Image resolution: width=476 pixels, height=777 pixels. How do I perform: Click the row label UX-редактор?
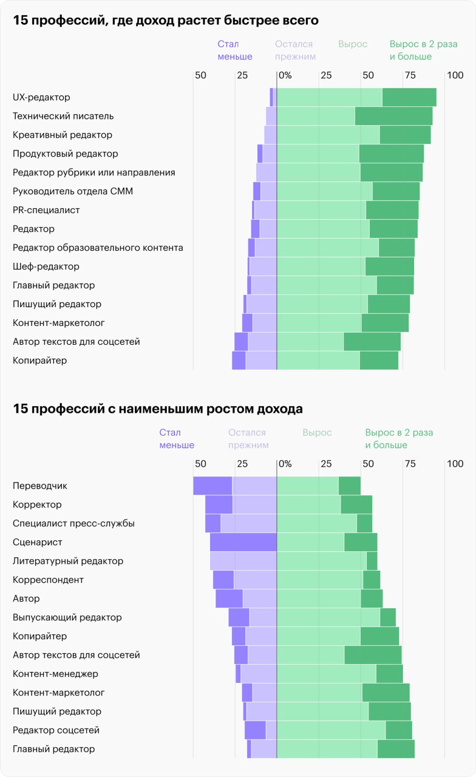coord(41,97)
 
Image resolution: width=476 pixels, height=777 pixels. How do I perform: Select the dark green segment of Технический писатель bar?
coord(393,116)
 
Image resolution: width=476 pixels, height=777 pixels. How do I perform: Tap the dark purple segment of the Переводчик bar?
coord(212,486)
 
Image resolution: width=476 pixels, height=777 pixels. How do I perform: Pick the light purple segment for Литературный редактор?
coord(243,561)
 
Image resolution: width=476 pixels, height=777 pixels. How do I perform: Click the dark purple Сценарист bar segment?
coord(243,542)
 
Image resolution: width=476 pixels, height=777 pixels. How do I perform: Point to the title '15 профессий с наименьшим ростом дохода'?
coord(158,409)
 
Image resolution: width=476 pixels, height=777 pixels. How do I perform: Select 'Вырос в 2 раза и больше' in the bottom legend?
coord(398,439)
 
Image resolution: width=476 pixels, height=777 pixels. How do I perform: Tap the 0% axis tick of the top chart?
coord(284,75)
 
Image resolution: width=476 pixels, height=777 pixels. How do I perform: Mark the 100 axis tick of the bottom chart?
coord(455,464)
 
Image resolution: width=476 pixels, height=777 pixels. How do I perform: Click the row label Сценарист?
coord(38,542)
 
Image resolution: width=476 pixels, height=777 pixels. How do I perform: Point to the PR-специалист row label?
coord(46,210)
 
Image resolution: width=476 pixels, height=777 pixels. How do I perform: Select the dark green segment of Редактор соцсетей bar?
coord(398,730)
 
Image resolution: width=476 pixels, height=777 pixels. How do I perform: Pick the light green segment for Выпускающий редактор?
coord(328,617)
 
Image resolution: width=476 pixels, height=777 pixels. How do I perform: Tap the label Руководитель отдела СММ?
coord(73,191)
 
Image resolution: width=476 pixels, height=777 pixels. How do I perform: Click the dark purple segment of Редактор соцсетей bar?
coord(255,730)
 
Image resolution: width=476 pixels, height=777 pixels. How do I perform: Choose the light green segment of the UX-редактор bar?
coord(329,97)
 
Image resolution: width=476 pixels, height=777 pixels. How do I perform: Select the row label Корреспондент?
coord(48,580)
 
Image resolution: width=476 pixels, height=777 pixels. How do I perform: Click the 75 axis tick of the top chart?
coord(410,75)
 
